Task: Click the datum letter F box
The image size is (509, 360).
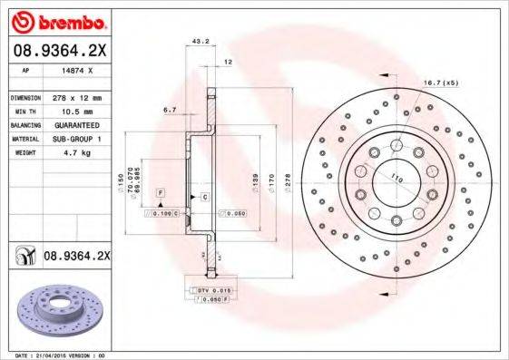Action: [x=160, y=194]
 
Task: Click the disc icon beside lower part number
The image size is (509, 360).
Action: [x=23, y=258]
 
